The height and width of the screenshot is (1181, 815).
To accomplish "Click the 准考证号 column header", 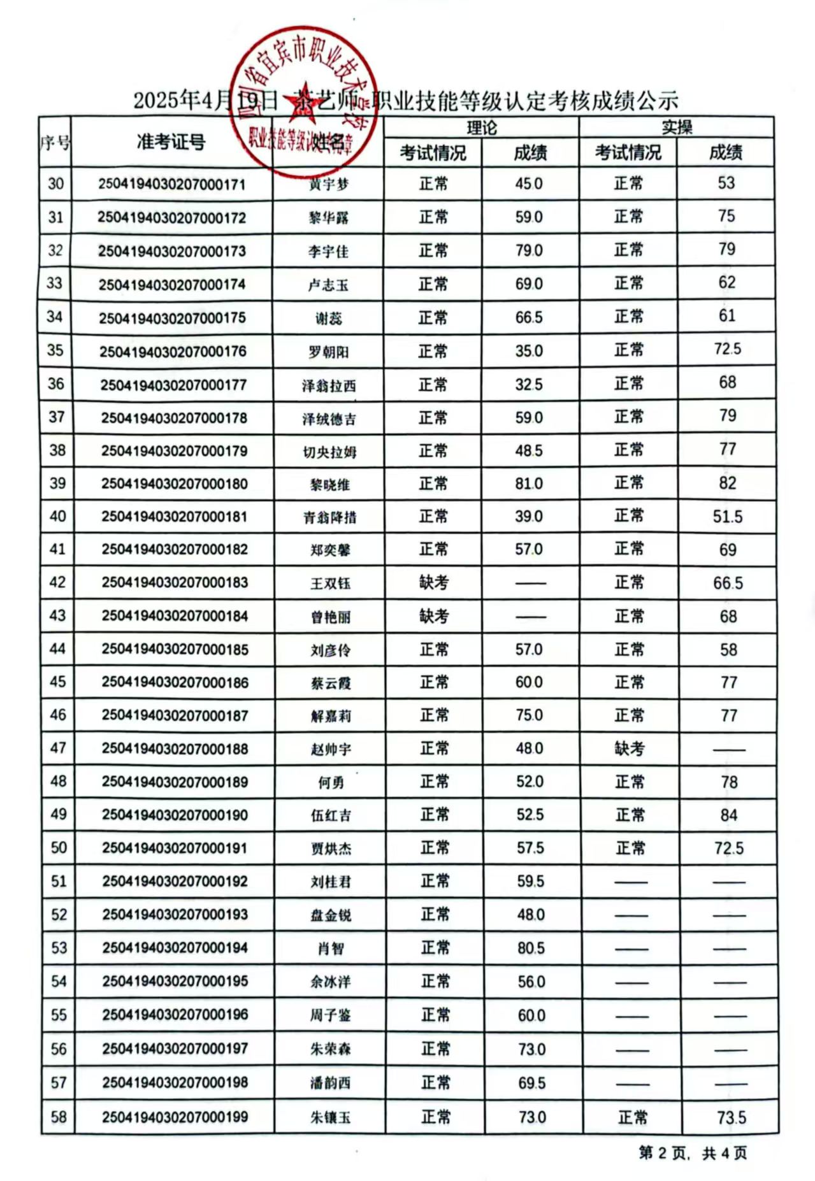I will click(171, 142).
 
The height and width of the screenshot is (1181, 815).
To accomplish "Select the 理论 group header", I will click(481, 127).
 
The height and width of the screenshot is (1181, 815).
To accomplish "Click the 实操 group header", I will click(676, 127).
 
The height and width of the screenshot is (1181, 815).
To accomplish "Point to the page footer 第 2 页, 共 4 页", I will click(693, 1153).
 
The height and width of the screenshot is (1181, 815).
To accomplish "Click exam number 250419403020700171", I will click(172, 185).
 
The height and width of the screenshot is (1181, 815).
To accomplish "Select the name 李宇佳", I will click(328, 252).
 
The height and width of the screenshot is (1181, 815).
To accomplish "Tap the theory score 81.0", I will click(529, 483).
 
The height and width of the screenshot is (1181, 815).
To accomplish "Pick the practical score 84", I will click(728, 815).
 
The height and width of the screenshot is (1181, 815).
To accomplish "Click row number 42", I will click(57, 582).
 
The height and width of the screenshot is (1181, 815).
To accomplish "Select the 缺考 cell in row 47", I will click(630, 748).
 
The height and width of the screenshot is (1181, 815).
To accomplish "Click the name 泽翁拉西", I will click(329, 385).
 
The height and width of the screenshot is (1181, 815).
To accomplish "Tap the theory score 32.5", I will click(529, 384).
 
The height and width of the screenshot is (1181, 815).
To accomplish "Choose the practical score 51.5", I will click(727, 517).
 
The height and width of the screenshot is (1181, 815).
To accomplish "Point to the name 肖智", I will click(331, 948).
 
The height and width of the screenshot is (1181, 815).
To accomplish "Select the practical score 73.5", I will click(731, 1117).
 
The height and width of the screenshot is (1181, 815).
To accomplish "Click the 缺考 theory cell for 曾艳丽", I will click(434, 616).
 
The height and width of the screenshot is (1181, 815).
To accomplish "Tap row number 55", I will click(59, 1014).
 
